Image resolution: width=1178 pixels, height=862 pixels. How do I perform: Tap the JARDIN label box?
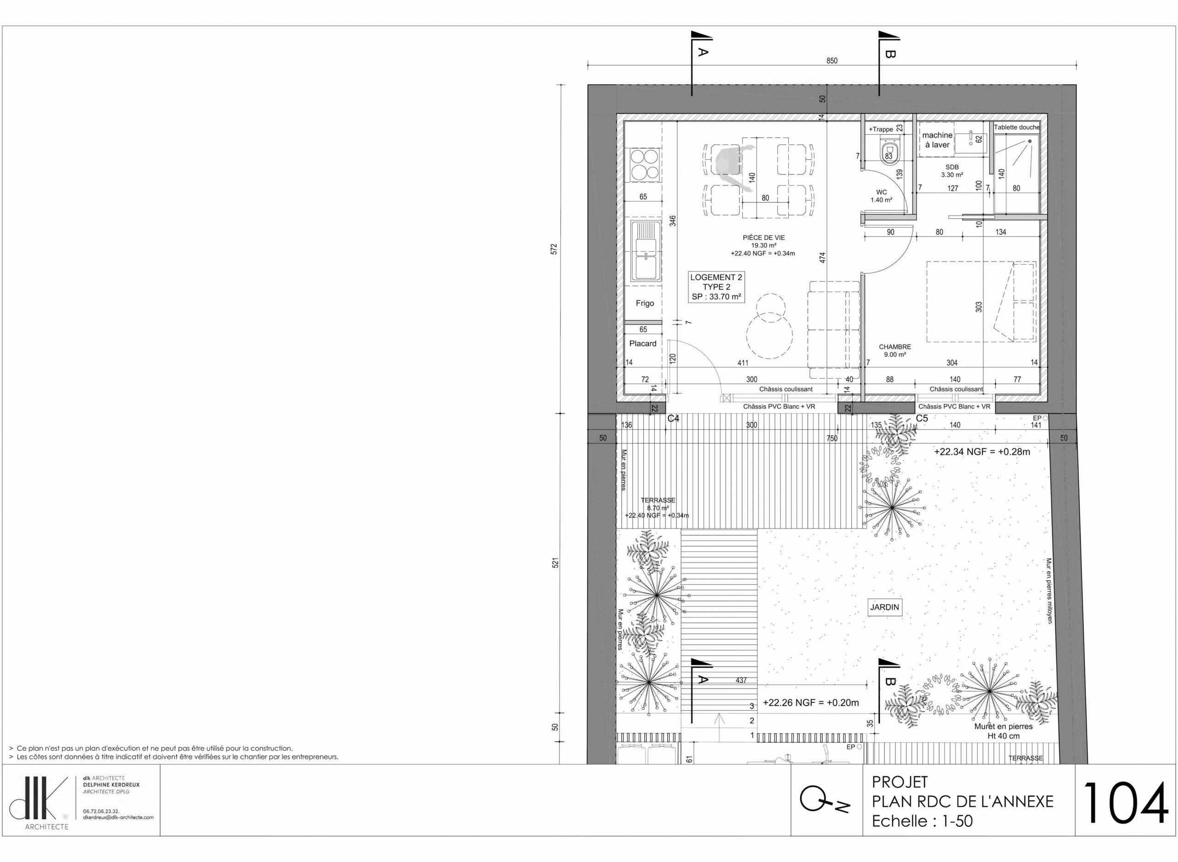pos(885,607)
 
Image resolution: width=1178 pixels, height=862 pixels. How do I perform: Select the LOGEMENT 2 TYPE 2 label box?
pos(716,287)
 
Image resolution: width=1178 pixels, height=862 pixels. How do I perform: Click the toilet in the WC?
pos(888,151)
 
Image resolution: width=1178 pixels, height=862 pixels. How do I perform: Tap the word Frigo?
pos(645,303)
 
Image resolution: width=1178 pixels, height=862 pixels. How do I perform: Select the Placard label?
pos(643,343)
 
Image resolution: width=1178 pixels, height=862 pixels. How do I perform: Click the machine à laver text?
pos(937,140)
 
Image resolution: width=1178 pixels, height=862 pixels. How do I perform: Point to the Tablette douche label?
pos(1016,127)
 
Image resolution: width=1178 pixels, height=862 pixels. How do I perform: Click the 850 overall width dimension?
pos(832,61)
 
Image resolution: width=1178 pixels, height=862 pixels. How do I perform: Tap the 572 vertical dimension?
pos(554,249)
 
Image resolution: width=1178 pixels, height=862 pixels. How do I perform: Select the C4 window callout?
pos(674,418)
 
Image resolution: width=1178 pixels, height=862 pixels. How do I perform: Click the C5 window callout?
pos(922,418)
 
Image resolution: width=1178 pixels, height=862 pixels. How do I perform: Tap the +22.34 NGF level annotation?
pos(982,452)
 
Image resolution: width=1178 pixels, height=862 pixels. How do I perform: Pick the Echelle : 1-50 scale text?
pos(922,821)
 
